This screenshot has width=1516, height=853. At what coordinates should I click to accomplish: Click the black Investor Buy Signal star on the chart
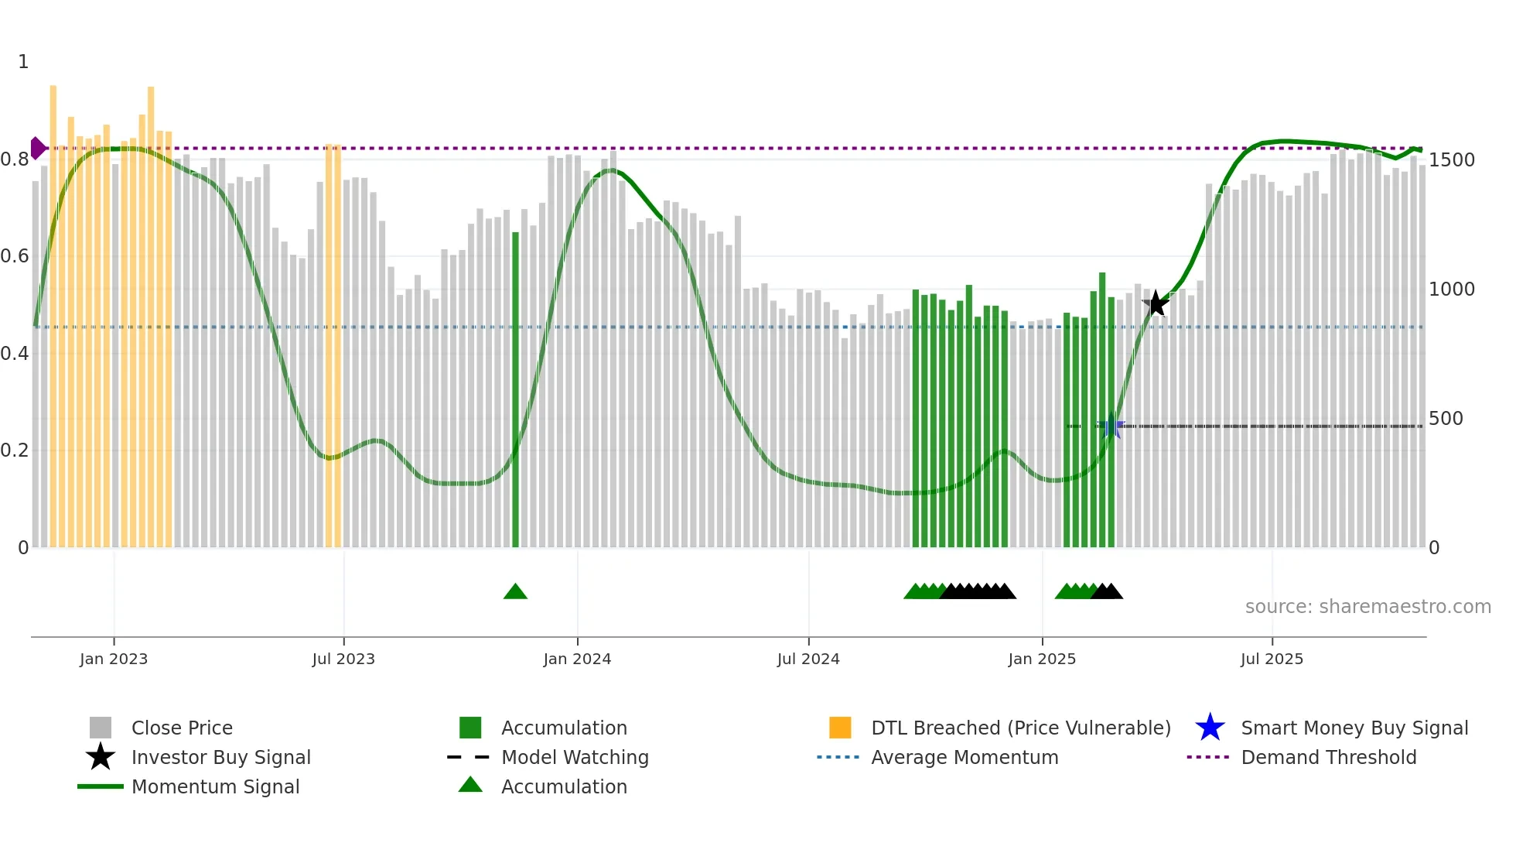[x=1156, y=304]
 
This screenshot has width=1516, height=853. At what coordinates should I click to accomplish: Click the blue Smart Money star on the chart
[x=1111, y=426]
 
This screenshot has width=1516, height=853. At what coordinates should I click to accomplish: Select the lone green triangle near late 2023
[x=515, y=592]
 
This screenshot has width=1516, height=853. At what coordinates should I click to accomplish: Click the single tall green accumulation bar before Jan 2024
[x=516, y=387]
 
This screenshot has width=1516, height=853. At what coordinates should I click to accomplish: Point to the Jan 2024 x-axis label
[x=577, y=659]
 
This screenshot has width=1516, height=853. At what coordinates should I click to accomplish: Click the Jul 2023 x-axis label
[x=343, y=659]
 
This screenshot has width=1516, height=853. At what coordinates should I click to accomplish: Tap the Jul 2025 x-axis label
[x=1272, y=659]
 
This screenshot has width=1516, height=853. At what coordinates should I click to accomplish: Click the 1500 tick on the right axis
[x=1451, y=160]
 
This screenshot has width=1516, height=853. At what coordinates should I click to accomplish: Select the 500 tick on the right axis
[x=1446, y=419]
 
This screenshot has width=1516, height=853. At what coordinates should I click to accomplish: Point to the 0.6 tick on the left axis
[x=15, y=256]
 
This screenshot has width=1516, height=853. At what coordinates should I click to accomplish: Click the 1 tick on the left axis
[x=23, y=62]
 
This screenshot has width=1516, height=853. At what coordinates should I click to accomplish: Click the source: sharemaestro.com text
[x=1367, y=607]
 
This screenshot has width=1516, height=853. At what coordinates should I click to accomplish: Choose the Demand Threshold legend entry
[x=1328, y=757]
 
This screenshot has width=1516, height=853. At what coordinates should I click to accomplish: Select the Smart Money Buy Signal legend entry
[x=1354, y=728]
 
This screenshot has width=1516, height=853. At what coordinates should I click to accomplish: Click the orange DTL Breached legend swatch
[x=840, y=728]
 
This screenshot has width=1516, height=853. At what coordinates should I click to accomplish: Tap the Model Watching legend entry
[x=574, y=757]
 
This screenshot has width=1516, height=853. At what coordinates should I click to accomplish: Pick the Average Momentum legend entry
[x=964, y=757]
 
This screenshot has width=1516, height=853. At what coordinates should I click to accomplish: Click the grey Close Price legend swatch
[x=101, y=728]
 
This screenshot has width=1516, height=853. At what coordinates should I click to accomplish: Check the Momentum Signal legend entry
[x=215, y=786]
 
